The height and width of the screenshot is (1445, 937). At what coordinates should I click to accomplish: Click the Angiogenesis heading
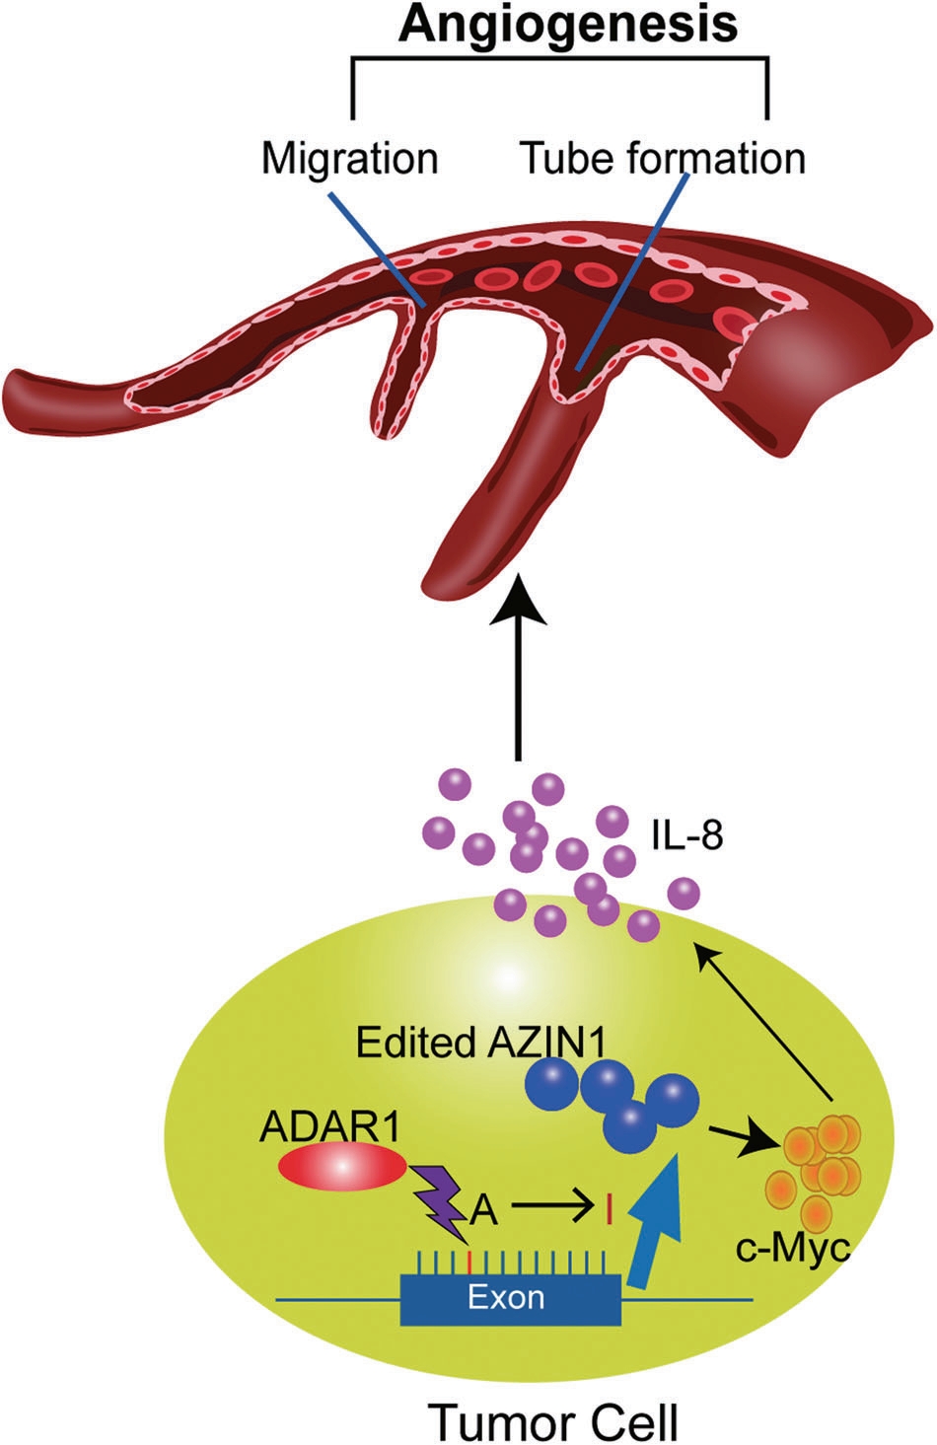(x=567, y=26)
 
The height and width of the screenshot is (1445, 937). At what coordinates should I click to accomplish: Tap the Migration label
(x=349, y=157)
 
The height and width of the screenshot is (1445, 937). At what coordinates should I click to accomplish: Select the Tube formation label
(x=663, y=157)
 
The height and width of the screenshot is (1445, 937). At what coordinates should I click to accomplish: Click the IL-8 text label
(x=686, y=836)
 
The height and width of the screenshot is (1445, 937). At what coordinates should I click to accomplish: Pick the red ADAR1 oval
(x=341, y=1168)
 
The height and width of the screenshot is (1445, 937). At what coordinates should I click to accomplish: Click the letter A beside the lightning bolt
(x=482, y=1208)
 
